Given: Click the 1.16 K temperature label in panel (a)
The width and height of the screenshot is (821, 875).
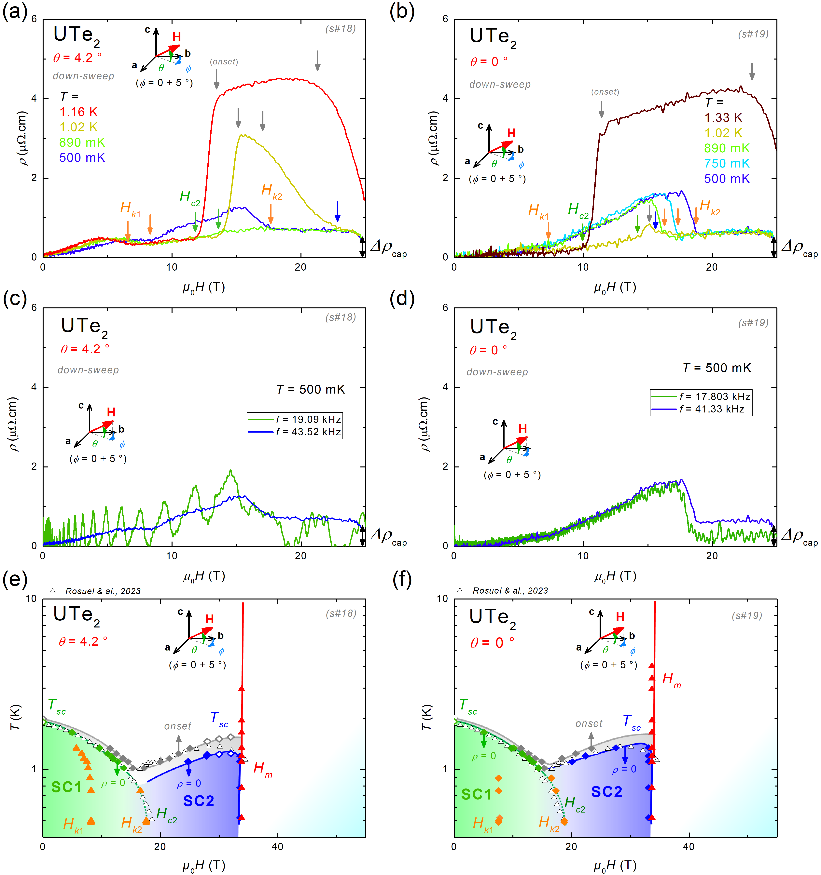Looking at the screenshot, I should click(78, 112).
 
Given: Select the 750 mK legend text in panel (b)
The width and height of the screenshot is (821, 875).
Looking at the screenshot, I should click(727, 163).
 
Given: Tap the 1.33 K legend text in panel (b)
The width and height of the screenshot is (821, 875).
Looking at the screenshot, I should click(723, 117).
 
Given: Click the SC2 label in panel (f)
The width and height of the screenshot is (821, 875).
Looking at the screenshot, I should click(606, 792).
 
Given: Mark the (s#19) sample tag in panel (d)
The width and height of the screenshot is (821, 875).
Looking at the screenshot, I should click(753, 323).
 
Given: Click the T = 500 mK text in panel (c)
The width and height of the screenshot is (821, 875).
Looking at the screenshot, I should click(311, 389).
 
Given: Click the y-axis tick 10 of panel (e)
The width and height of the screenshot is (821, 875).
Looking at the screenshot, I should click(31, 599).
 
